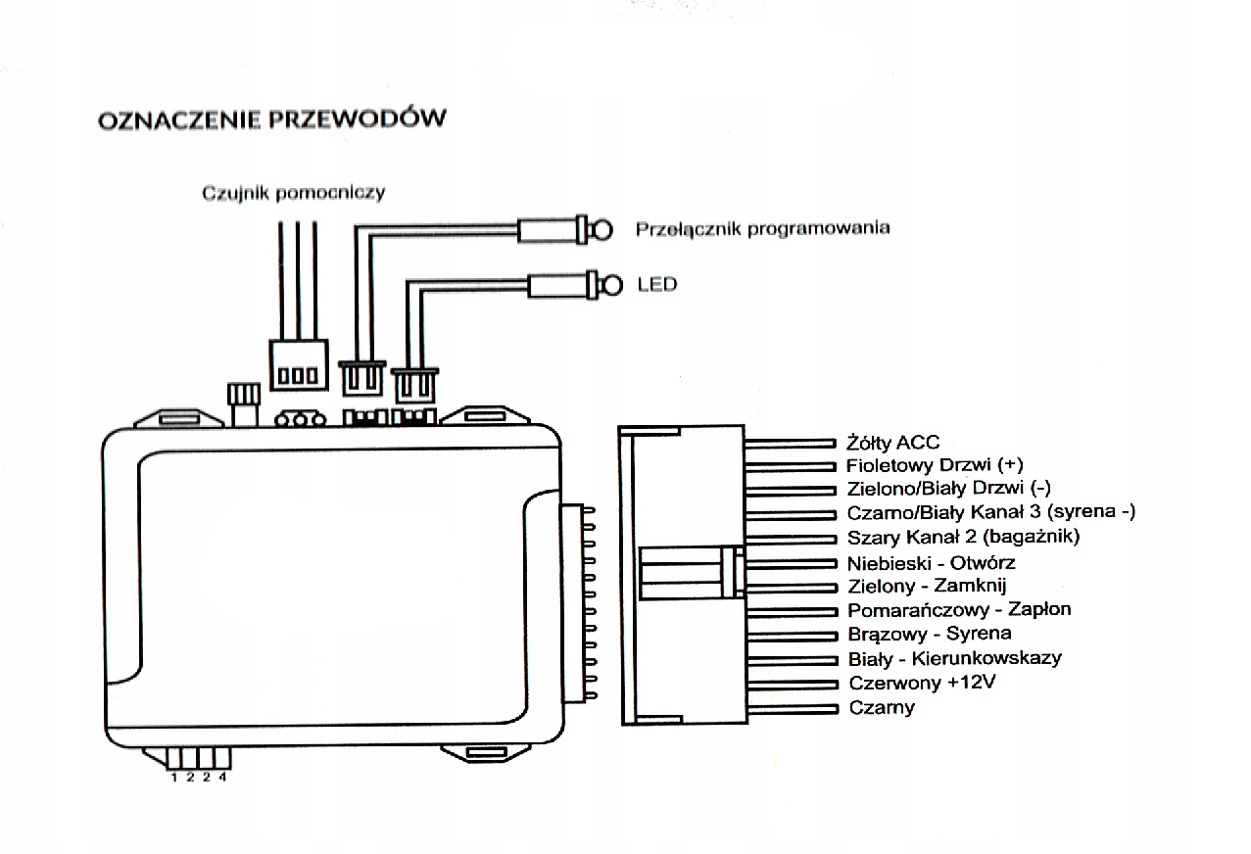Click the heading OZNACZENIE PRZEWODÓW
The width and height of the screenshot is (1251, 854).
click(271, 119)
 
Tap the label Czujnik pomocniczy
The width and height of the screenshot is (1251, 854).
click(293, 192)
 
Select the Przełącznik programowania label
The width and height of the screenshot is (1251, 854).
click(762, 228)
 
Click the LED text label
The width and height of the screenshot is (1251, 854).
click(656, 285)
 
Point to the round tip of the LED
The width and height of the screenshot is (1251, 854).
click(612, 285)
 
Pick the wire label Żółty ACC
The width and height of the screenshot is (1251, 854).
click(892, 443)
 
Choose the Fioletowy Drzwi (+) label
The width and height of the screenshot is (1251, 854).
click(935, 465)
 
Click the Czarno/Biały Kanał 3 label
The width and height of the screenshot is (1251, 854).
click(990, 512)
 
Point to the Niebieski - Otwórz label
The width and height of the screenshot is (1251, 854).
click(931, 562)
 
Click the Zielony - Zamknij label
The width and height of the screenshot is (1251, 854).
click(926, 586)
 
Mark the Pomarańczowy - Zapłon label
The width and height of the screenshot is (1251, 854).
click(958, 609)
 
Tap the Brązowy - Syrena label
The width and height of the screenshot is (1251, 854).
click(915, 634)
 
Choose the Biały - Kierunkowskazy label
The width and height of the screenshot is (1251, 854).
click(953, 658)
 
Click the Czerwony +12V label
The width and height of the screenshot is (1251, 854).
click(921, 683)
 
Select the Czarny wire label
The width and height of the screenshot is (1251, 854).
click(881, 707)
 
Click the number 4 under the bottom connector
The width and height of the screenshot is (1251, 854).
click(222, 778)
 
